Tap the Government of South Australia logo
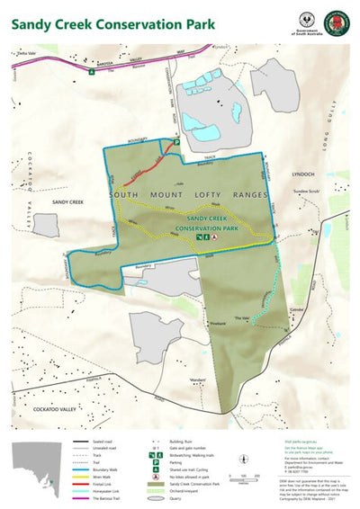307,22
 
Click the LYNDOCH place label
303,174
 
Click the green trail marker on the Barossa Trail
91,72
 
